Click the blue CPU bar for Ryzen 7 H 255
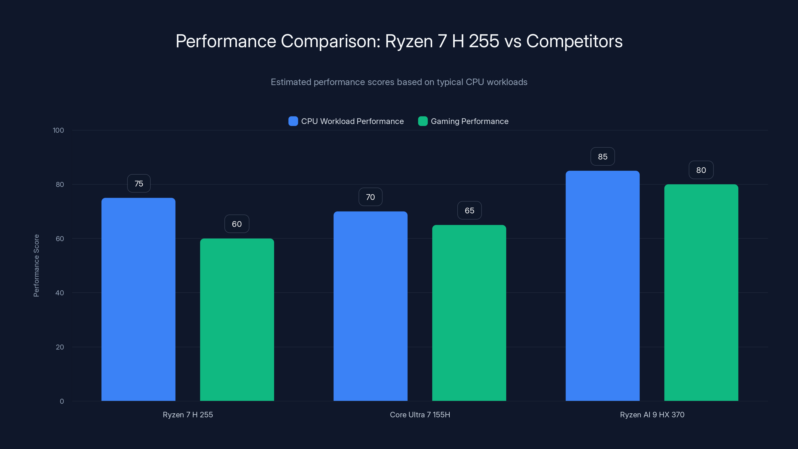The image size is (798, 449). [x=138, y=299]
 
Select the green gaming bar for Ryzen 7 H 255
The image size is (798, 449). [x=237, y=319]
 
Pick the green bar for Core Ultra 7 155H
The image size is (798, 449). [x=469, y=313]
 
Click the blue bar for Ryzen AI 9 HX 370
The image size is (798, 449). [x=602, y=285]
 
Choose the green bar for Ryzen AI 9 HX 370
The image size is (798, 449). [x=701, y=292]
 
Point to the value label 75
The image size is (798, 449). [x=139, y=183]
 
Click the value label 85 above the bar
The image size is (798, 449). [x=602, y=156]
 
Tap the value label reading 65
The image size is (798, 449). [x=469, y=210]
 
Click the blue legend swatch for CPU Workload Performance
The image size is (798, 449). [x=293, y=121]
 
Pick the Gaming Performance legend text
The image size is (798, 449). [x=469, y=121]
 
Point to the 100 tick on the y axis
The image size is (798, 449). [x=58, y=130]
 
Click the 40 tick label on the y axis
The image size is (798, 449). [x=60, y=293]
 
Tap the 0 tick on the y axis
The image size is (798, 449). [x=62, y=401]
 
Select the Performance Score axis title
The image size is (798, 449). [x=36, y=266]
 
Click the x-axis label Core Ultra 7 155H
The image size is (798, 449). [x=420, y=415]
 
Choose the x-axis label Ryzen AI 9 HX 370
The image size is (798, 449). [x=652, y=415]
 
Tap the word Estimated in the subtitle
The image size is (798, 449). [x=291, y=82]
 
